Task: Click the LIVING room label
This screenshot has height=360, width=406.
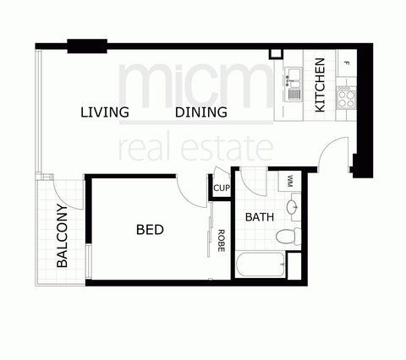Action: tap(105, 112)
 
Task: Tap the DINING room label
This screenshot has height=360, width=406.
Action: tap(201, 112)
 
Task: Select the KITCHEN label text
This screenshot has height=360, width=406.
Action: tap(320, 85)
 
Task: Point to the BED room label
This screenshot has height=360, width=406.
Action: tap(149, 229)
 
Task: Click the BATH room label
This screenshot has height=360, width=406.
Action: tap(259, 217)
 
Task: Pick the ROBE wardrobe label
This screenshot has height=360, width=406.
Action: tap(221, 242)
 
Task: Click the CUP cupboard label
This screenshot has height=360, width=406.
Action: tap(222, 188)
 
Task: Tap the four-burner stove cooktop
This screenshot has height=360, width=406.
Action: tap(348, 95)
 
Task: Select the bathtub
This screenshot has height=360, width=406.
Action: tap(262, 265)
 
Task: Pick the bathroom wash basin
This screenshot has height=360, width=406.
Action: tap(292, 206)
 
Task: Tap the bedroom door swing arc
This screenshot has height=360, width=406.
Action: tap(192, 188)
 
